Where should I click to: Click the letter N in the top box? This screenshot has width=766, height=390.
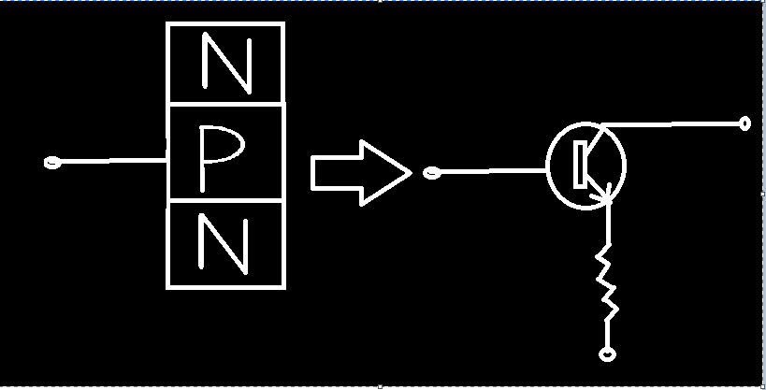click(x=226, y=63)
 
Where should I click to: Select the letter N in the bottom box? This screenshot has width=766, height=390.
click(x=224, y=243)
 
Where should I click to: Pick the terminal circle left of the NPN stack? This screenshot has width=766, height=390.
click(x=52, y=162)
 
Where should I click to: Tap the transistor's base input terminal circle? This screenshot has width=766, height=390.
click(x=432, y=172)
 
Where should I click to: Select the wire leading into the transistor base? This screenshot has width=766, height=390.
click(x=494, y=171)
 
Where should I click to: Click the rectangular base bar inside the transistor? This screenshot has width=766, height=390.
click(x=580, y=165)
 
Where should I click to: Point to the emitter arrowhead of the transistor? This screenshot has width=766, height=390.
click(x=604, y=195)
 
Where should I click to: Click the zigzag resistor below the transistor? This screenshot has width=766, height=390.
click(x=607, y=282)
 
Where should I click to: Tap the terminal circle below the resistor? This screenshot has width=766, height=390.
click(x=607, y=354)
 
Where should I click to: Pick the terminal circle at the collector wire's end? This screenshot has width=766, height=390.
click(x=744, y=123)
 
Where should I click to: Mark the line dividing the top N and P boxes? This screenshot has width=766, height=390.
click(x=225, y=104)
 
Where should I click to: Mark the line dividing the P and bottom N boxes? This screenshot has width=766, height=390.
click(x=225, y=200)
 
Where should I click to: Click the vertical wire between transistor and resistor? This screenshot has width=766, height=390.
click(x=609, y=224)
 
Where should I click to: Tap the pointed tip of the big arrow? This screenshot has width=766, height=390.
click(x=412, y=173)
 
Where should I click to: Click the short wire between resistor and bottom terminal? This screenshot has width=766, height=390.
click(x=607, y=334)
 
